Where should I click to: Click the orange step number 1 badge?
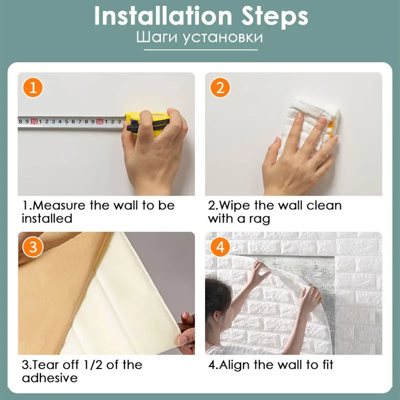pos(33,88)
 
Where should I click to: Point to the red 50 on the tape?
pos(34,121)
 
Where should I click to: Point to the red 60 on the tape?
pos(100,121)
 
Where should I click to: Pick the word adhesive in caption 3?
pos(49,378)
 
